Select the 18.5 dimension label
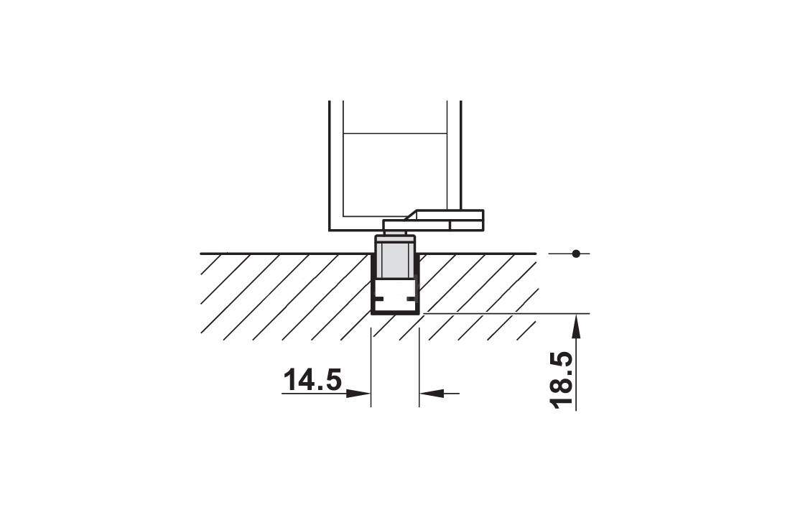point(562,379)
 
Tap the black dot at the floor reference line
point(577,254)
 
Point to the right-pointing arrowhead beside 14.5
point(358,393)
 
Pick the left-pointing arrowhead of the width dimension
point(432,393)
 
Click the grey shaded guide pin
point(396,261)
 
